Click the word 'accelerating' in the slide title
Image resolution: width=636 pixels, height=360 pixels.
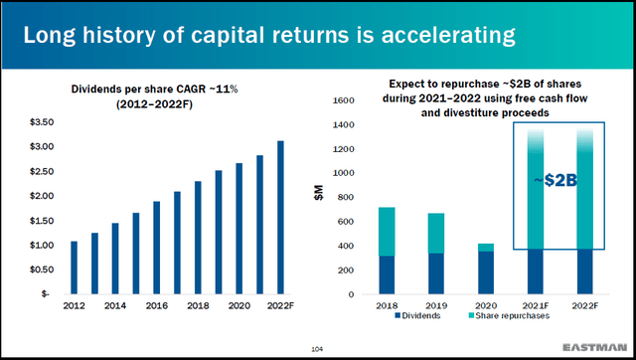point(440,37)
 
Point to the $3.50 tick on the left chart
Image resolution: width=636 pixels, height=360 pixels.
point(42,122)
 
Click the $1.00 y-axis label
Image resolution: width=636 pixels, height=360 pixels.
point(42,245)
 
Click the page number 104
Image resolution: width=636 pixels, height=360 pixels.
point(317,348)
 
